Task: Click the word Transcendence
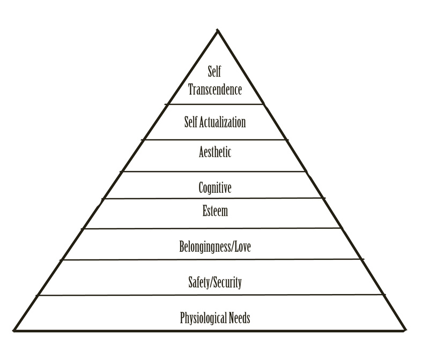click(x=215, y=88)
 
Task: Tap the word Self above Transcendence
click(x=215, y=72)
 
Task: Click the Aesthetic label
click(x=214, y=152)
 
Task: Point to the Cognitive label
click(x=214, y=187)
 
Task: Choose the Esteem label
click(x=214, y=211)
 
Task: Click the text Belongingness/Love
click(x=214, y=247)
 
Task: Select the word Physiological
click(x=202, y=319)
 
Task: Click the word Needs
click(x=238, y=319)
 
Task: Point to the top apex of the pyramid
click(x=217, y=30)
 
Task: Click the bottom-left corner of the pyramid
click(x=15, y=331)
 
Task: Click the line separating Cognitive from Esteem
click(x=214, y=198)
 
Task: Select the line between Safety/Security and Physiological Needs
click(x=214, y=295)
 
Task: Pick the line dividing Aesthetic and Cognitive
click(x=214, y=172)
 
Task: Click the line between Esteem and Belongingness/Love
click(x=214, y=229)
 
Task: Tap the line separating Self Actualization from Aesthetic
click(x=214, y=139)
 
